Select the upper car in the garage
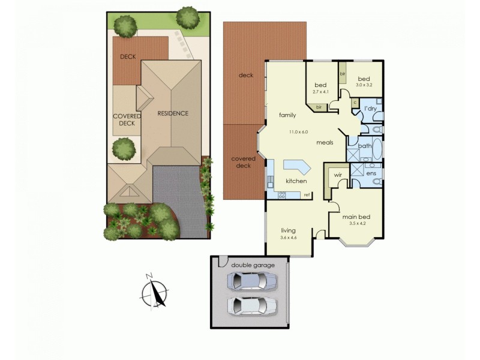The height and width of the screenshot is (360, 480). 253,281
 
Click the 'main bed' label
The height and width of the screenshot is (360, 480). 354,217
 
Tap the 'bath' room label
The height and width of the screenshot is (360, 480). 365,146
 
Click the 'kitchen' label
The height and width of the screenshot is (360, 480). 296,181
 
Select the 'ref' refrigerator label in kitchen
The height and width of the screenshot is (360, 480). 306,194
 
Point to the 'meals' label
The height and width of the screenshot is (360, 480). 325,142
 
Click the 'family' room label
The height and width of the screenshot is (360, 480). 288,114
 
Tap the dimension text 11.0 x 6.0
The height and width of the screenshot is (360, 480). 298,132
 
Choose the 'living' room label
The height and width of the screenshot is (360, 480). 289,230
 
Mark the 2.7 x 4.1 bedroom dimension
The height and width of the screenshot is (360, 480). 321,92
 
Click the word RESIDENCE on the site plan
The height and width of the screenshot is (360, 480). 173,113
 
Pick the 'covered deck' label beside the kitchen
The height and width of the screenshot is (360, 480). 244,162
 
